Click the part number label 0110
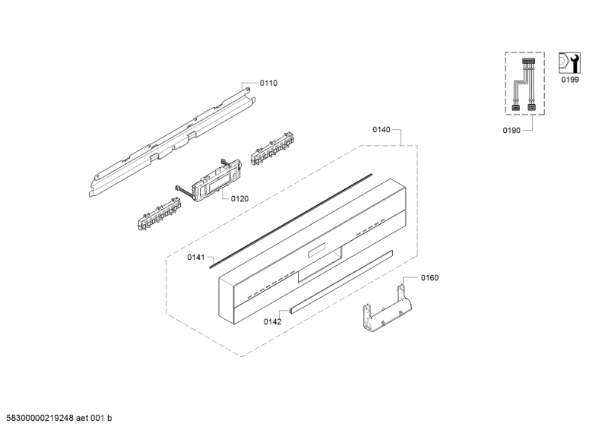[x=268, y=83]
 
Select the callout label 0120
[x=239, y=199]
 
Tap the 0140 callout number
[x=382, y=130]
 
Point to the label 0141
[x=196, y=258]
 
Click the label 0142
[x=273, y=322]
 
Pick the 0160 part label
[x=429, y=278]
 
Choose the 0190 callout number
[x=511, y=131]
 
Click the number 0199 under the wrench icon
[x=570, y=80]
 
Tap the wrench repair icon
[x=569, y=63]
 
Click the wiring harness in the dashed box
[x=524, y=85]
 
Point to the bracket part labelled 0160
[x=386, y=309]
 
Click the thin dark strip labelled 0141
[x=291, y=221]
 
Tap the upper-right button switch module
[x=272, y=148]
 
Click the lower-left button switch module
[x=159, y=214]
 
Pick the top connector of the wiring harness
[x=528, y=61]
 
